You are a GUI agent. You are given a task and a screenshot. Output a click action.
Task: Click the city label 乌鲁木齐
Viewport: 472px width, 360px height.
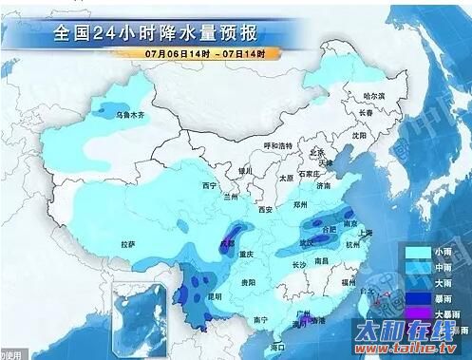127,115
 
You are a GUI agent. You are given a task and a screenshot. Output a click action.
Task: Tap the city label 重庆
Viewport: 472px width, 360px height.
250,255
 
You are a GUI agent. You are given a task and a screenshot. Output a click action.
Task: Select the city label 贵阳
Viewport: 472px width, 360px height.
248,282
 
